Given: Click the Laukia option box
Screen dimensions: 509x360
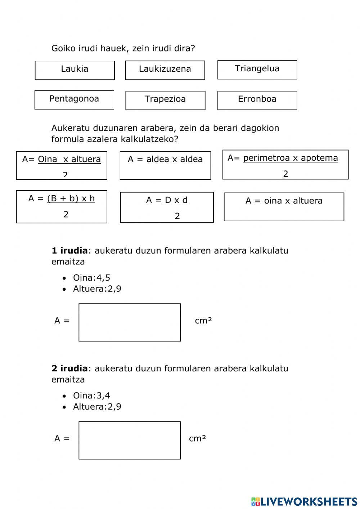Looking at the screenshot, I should pos(75,70).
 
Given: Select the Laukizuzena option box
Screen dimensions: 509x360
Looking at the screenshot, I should pos(165,70).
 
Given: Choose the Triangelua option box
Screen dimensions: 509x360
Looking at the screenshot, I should pos(257,70).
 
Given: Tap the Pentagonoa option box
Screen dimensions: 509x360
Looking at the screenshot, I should pos(74,100).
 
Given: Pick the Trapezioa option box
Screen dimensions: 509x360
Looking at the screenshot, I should pos(165,100).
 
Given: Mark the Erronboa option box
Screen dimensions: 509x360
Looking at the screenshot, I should pos(257,100).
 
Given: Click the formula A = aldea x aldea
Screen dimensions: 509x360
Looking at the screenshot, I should pos(165,165).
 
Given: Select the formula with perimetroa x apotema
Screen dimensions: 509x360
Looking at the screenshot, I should pos(285,165).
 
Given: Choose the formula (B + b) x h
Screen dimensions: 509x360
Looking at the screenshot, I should pos(62,207).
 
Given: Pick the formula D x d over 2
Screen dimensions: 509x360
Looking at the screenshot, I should pos(167,207).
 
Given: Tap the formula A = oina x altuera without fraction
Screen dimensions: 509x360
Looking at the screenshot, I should pos(284,206).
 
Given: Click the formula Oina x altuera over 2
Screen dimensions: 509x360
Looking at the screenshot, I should pos(62,165).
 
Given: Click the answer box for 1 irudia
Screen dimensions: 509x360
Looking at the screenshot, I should pos(130,322).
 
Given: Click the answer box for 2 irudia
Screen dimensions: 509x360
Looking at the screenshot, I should pos(130,440).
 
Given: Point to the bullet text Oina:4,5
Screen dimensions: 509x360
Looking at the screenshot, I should pos(91,278).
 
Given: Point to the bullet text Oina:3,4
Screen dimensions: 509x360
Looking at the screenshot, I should pos(91,396).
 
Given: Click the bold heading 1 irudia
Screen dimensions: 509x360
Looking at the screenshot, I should pos(69,250).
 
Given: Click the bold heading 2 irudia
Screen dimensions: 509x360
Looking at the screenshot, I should pos(69,368).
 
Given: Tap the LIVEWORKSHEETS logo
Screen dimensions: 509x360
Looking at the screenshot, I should pos(304,501).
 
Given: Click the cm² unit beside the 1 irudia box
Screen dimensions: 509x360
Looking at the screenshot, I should pos(203,321).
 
